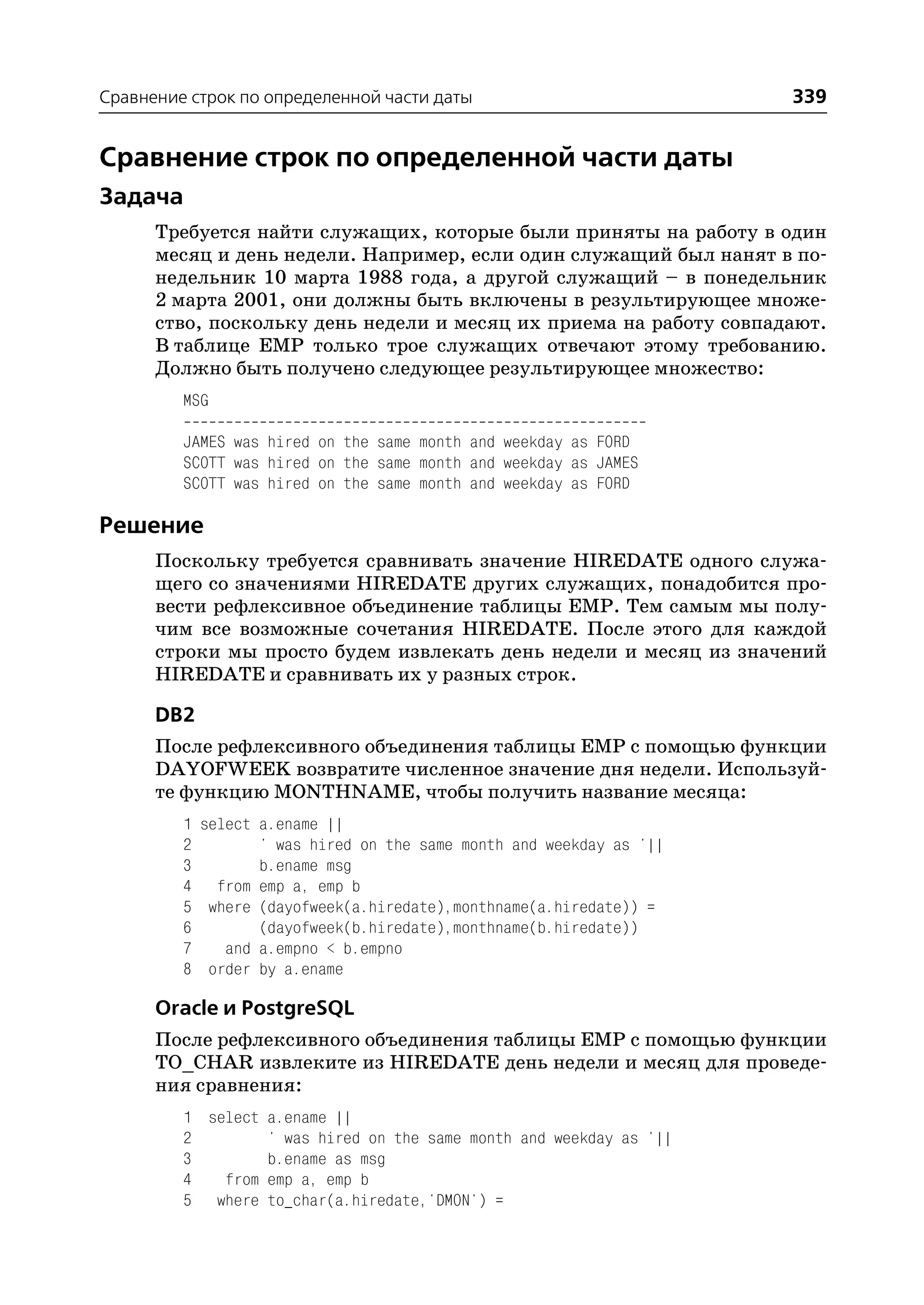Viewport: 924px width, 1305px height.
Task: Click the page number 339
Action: [x=808, y=96]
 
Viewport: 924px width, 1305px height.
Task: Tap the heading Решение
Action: [x=151, y=525]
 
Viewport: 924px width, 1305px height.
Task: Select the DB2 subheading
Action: [x=175, y=715]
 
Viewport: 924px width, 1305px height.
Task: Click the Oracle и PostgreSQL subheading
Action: [x=254, y=1008]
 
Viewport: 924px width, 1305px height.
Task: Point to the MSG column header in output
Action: [x=196, y=401]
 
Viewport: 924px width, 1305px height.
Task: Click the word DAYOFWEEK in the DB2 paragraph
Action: [x=222, y=769]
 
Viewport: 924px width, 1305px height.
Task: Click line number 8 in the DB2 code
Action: [x=187, y=969]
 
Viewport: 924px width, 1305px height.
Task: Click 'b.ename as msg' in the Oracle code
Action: [x=326, y=1159]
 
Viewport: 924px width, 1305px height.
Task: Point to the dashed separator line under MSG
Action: [x=414, y=422]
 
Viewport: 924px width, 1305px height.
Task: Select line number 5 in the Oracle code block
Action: [x=187, y=1201]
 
